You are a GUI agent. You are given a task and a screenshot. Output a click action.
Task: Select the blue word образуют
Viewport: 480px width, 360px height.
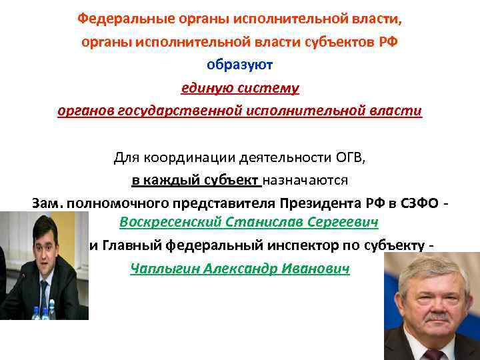[240, 65]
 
